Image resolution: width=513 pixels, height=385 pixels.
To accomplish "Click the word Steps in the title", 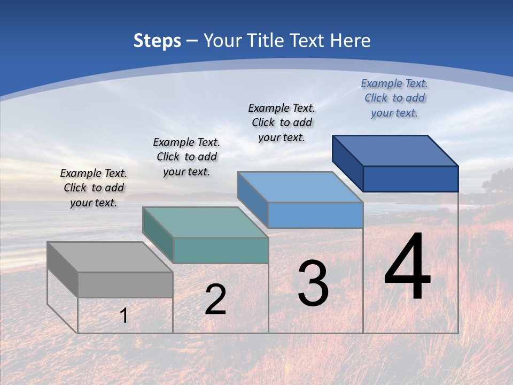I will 157,41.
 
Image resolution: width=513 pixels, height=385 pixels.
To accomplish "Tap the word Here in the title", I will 350,41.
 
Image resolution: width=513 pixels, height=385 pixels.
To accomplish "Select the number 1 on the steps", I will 124,315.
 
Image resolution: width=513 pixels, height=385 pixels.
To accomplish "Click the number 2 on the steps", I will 215,299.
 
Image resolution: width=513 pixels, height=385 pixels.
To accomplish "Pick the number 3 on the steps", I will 313,283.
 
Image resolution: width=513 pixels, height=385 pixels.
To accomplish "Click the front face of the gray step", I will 125,284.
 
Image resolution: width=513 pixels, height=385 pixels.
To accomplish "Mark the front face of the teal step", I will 221,250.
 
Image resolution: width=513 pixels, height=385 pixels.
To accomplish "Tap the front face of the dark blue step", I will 410,179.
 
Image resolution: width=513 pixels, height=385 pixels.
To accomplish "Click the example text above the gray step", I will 94,188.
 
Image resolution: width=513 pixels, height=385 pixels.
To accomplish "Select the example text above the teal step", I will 186,157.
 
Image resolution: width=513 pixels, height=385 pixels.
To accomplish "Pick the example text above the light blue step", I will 282,122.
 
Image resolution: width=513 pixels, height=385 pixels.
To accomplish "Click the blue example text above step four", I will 394,98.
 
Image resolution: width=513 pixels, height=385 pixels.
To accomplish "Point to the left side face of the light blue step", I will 252,199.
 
